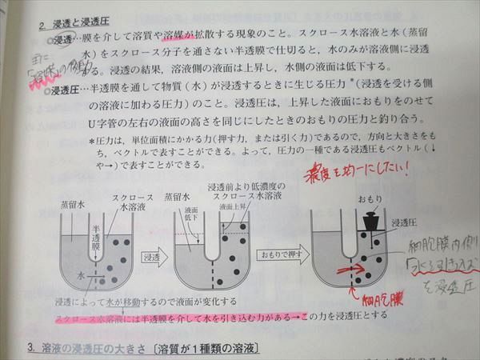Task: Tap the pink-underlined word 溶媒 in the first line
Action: pyautogui.click(x=174, y=37)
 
